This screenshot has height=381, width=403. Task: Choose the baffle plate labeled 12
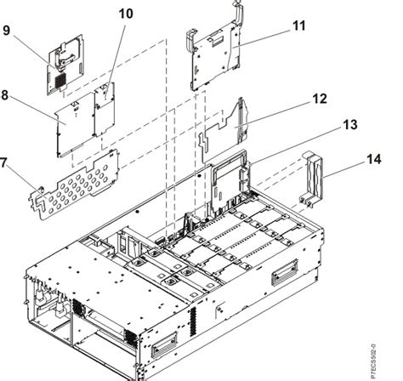(228, 126)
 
